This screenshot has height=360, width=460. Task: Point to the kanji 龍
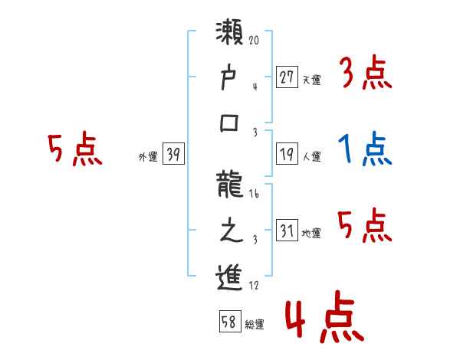pos(230,188)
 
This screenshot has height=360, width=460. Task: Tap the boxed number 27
pos(287,77)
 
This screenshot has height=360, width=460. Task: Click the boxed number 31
pos(287,231)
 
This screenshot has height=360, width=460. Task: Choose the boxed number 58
pos(229,322)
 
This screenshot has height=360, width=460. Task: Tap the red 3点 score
pos(366,74)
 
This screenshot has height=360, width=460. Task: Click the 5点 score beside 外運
pos(74,149)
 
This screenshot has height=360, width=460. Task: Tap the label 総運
pos(254,325)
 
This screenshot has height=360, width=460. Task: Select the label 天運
pos(311,80)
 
